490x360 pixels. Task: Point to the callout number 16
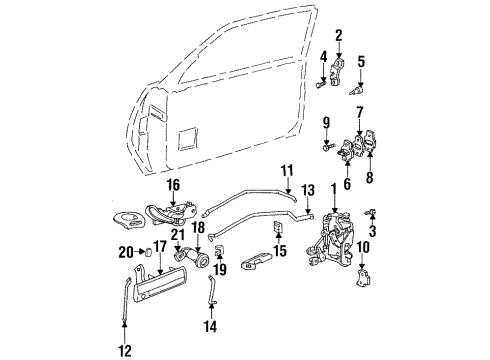tap(173, 184)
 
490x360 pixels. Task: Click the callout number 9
tap(326, 123)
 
